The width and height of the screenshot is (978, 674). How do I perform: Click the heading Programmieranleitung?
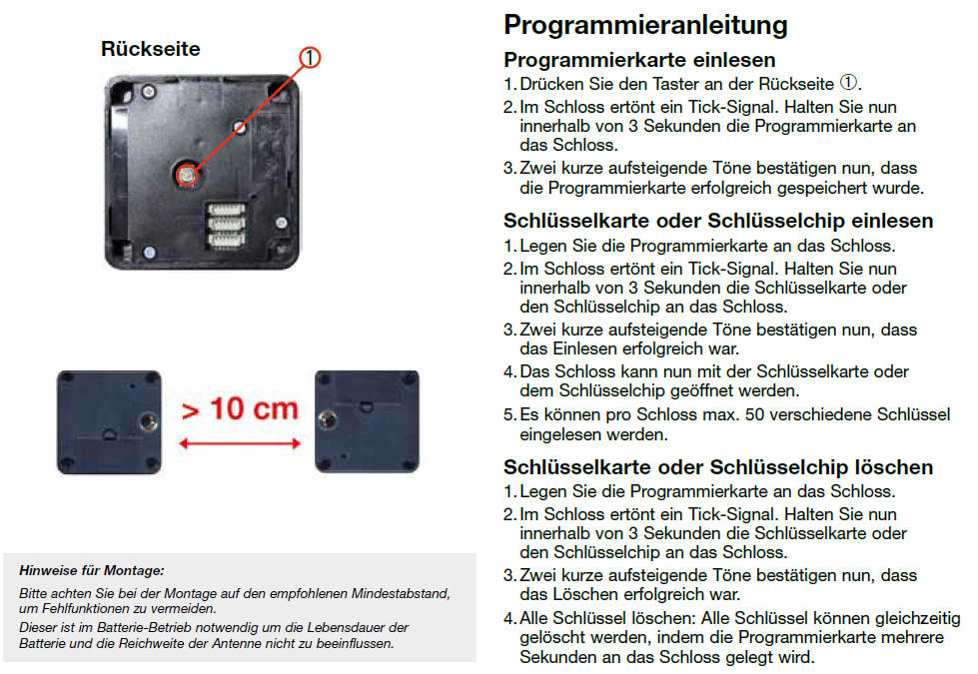645,26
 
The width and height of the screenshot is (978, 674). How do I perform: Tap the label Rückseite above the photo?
150,49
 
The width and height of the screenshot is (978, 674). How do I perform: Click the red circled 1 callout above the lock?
310,57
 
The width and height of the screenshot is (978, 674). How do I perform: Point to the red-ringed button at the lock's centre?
186,175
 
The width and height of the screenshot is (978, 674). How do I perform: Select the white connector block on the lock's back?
226,225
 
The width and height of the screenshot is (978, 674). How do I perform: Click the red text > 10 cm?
240,409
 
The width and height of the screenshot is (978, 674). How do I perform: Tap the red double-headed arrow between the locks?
240,443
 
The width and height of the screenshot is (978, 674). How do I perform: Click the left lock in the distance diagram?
109,422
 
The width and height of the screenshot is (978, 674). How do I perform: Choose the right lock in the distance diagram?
367,421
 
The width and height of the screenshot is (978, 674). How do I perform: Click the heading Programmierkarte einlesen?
639,60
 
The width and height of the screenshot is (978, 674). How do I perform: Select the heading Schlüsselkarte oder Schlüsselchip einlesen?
718,221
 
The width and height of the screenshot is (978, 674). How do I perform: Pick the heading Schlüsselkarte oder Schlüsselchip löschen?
718,467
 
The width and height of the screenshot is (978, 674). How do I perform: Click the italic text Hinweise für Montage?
92,570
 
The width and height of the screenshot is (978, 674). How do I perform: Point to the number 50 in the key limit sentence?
755,414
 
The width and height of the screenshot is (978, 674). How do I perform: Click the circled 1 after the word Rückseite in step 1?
848,82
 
